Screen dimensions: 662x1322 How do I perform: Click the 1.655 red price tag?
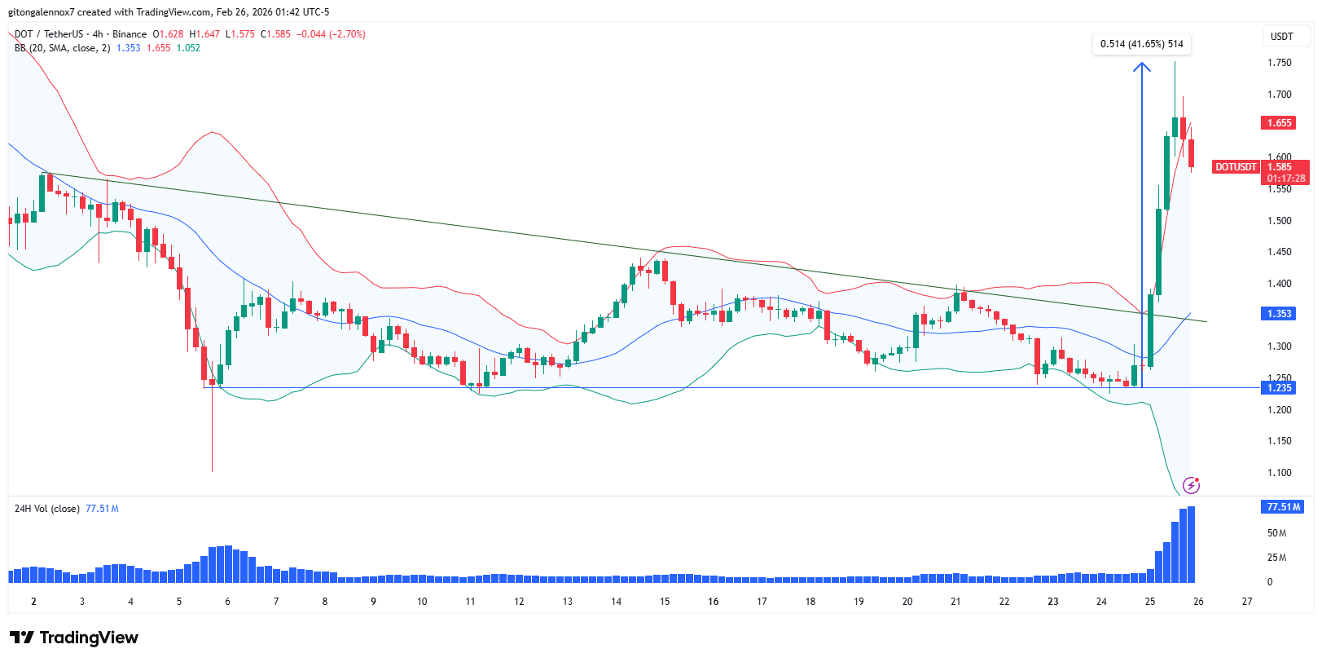1279,123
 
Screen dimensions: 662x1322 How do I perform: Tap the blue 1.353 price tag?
1279,314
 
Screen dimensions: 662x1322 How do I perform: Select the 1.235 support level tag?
1279,388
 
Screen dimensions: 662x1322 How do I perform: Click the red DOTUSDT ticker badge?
1236,167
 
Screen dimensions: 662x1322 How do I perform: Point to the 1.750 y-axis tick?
1279,63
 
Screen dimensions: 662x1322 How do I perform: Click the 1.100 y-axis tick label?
1279,473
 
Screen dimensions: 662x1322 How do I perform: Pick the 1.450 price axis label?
1279,252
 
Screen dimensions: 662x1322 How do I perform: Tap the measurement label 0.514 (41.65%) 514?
1141,44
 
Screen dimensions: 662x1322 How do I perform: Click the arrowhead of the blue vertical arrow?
1142,66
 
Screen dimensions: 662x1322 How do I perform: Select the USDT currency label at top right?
1281,37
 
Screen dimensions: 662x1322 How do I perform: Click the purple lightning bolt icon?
1191,486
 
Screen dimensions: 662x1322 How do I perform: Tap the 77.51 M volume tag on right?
1282,507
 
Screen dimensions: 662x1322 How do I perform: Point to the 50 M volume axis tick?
1276,533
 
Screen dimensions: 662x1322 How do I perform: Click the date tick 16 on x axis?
713,602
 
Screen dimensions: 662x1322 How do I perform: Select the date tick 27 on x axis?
1246,602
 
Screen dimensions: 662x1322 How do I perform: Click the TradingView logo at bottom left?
74,638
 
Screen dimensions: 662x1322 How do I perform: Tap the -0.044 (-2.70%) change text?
331,34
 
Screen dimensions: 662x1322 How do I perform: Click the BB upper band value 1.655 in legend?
158,48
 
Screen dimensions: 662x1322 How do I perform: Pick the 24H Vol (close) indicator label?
46,509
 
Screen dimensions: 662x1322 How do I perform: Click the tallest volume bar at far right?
1191,545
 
